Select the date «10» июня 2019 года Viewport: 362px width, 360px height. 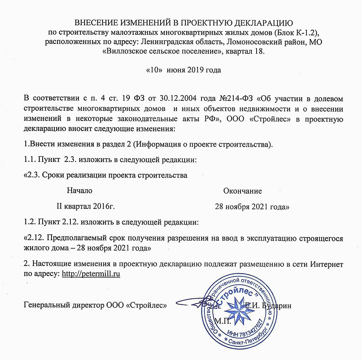(x=183, y=70)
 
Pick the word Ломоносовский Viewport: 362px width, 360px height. (x=252, y=42)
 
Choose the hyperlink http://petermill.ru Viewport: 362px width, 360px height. (x=91, y=274)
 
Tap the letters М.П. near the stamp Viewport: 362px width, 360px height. (x=222, y=321)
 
